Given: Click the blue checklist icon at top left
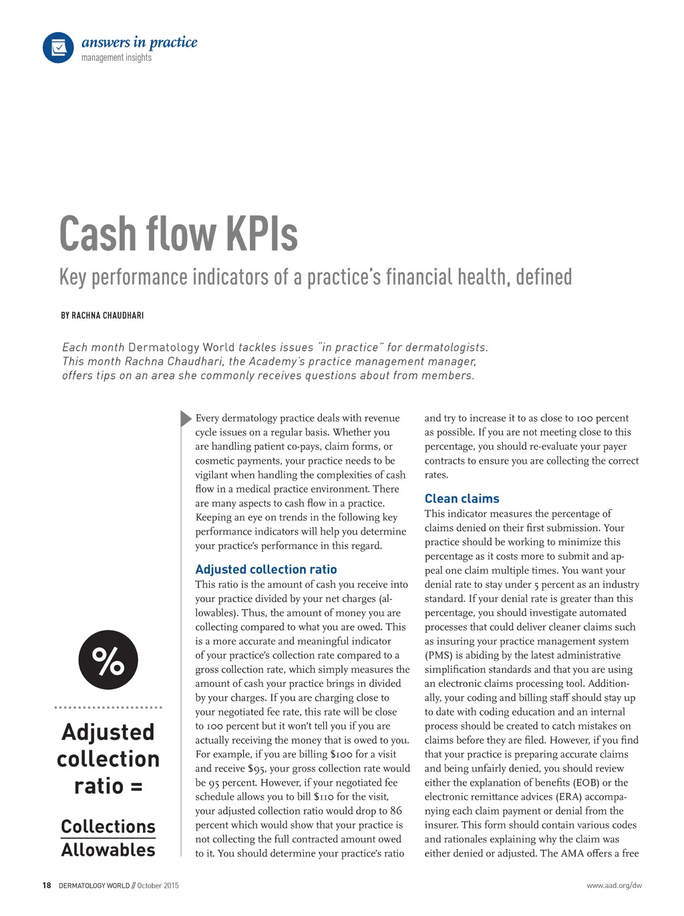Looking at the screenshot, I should pyautogui.click(x=58, y=47).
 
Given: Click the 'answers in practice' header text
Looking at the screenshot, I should pyautogui.click(x=139, y=42).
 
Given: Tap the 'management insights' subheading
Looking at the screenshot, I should pyautogui.click(x=116, y=57).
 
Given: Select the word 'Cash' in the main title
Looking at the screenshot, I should pyautogui.click(x=98, y=234).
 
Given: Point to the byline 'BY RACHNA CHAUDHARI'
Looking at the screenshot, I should pyautogui.click(x=102, y=315).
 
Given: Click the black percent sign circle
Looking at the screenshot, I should pyautogui.click(x=108, y=660).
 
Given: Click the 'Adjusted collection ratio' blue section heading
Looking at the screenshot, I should pyautogui.click(x=266, y=569).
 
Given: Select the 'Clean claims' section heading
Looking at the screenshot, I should pyautogui.click(x=462, y=498).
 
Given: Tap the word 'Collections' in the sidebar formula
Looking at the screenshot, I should pyautogui.click(x=108, y=826).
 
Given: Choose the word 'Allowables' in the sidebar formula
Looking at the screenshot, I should pyautogui.click(x=108, y=850).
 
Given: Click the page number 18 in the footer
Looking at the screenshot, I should pyautogui.click(x=46, y=885).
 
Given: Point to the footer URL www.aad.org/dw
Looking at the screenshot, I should pyautogui.click(x=614, y=885).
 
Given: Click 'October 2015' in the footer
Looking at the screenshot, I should pyautogui.click(x=158, y=885).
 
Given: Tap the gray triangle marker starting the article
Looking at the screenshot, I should pyautogui.click(x=186, y=418).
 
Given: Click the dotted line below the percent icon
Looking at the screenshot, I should pyautogui.click(x=108, y=707).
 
